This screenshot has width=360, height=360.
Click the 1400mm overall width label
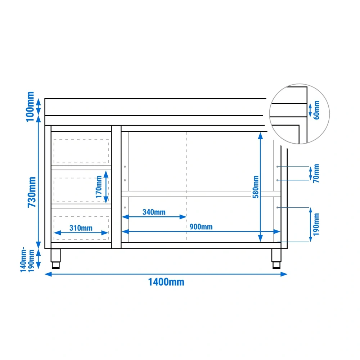point(166,282)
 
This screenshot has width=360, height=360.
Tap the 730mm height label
point(32,192)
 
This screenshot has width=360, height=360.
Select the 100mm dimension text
point(30,107)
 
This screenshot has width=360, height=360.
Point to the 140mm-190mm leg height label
point(27,260)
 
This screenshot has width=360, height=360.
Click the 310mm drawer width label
point(81,228)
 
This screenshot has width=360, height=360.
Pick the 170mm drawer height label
point(99,186)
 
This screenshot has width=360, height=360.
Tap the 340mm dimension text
point(154,212)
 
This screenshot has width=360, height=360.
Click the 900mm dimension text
point(201,227)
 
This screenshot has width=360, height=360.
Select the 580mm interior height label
point(256,186)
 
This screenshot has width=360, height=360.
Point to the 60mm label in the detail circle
point(316,110)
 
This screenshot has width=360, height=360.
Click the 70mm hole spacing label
point(316,174)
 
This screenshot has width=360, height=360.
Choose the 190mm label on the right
point(316,224)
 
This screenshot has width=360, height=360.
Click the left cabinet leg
point(55,259)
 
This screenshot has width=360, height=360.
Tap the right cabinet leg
point(276,259)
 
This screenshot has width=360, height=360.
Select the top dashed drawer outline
point(81,139)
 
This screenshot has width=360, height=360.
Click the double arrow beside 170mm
point(106,187)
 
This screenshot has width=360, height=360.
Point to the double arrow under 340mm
point(154,217)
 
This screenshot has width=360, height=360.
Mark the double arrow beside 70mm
point(311,174)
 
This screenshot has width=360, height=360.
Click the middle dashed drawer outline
point(81,178)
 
